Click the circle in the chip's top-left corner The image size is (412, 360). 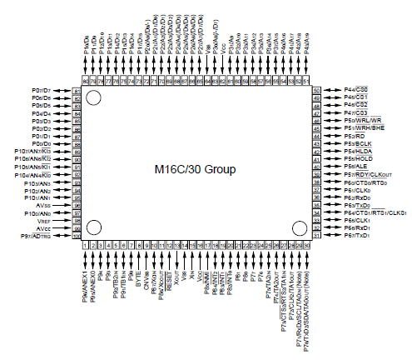coord(93,99)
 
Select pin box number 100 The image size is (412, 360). coord(77,237)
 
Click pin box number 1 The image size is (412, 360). coord(87,246)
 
